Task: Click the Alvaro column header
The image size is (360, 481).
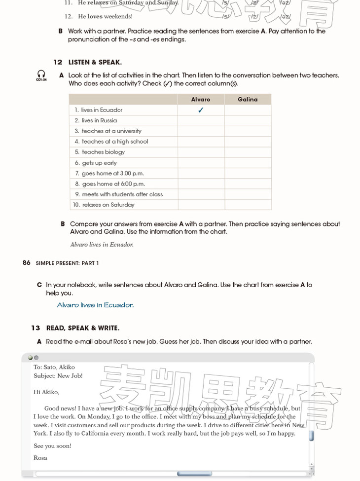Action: point(201,99)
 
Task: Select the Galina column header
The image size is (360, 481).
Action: point(248,99)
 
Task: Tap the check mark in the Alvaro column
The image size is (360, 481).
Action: point(201,110)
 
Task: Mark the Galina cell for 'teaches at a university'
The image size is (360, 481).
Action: point(248,131)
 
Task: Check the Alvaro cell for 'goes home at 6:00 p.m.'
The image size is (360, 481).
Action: point(201,184)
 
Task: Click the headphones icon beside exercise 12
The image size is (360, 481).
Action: point(41,74)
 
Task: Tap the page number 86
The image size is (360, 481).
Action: point(27,263)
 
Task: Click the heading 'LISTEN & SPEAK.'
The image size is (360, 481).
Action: point(95,63)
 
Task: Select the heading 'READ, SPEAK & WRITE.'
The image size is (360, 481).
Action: point(82,328)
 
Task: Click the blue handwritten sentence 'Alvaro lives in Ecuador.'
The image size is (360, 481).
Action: point(95,305)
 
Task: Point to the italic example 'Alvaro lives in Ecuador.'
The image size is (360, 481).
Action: point(102,244)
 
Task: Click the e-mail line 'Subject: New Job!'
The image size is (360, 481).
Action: point(58,376)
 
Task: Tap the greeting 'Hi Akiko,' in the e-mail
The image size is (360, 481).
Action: point(46,392)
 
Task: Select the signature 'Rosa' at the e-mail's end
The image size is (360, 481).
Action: point(40,458)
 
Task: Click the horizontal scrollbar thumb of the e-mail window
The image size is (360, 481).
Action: point(194,474)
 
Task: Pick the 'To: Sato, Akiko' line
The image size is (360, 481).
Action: point(54,367)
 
